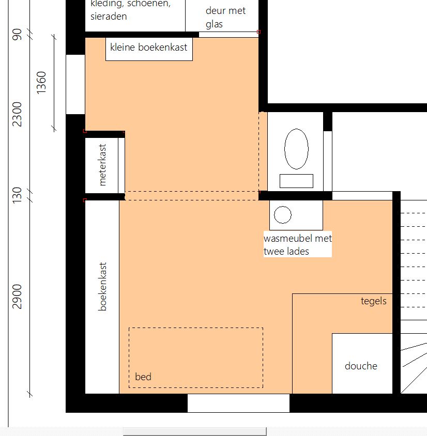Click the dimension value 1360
(41, 83)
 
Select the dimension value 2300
(17, 114)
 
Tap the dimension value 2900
(17, 297)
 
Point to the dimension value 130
(17, 195)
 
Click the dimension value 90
(17, 34)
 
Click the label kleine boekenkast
(148, 48)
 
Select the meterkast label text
(102, 165)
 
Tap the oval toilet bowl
(296, 149)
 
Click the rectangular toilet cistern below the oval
(296, 181)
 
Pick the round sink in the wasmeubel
(283, 215)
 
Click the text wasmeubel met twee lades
(298, 245)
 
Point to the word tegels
(374, 301)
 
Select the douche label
(361, 366)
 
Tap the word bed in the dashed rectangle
(143, 377)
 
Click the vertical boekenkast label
(102, 286)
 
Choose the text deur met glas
(225, 17)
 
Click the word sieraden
(109, 17)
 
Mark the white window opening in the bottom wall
(238, 403)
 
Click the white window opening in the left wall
(75, 84)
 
